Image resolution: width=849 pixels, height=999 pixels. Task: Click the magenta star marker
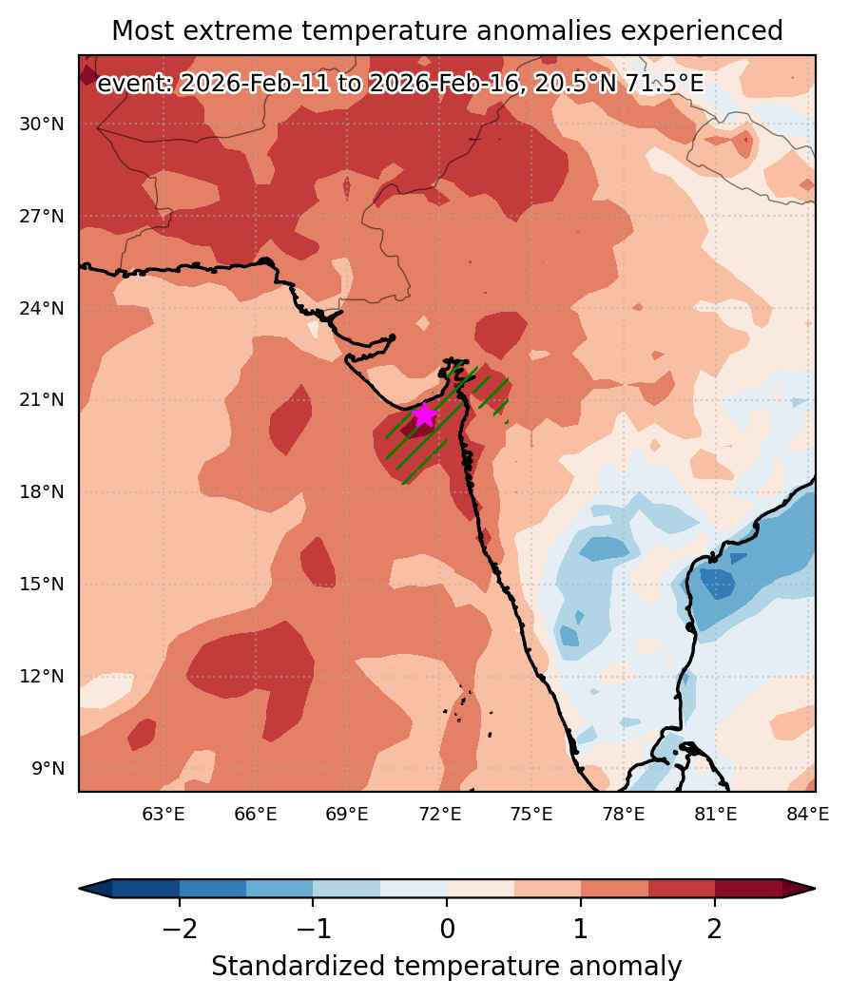(x=424, y=415)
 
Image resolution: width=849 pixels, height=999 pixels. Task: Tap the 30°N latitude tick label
(x=42, y=125)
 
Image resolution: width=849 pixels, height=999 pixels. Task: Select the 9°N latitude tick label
(x=48, y=768)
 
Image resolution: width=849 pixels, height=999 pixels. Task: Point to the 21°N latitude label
(x=42, y=400)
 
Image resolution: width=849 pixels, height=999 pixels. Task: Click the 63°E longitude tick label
(x=164, y=814)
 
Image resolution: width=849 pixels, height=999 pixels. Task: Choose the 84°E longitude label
(x=807, y=814)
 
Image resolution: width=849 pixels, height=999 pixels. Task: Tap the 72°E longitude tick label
(x=440, y=814)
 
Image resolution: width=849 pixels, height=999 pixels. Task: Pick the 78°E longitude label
(x=624, y=814)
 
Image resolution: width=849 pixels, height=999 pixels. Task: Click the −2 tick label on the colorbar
(x=180, y=929)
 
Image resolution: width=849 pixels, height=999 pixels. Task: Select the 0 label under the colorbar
(x=447, y=929)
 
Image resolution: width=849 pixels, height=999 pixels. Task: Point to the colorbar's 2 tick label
(x=715, y=929)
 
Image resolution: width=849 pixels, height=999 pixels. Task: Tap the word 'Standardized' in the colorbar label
(x=299, y=966)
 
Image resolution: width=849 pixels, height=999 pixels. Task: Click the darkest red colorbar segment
(x=748, y=888)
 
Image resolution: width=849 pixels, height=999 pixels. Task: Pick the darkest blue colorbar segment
(x=146, y=888)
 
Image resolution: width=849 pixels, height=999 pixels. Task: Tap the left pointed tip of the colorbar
(x=80, y=888)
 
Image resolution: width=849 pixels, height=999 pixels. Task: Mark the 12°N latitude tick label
(x=42, y=676)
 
